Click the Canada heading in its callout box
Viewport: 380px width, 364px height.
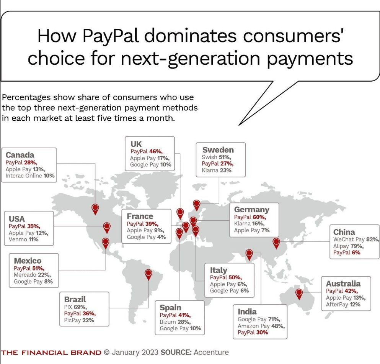click(20, 155)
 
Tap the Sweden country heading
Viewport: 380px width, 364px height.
click(218, 150)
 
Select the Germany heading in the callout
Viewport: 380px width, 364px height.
click(251, 210)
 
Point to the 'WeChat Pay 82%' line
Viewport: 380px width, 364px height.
click(356, 239)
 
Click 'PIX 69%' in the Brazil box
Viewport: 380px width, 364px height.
click(75, 307)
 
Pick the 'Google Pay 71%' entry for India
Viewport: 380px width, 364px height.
click(259, 319)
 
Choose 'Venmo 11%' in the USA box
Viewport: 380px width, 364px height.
click(23, 239)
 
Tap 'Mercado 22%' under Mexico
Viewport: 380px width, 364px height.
click(32, 275)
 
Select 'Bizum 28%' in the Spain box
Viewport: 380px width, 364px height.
click(175, 322)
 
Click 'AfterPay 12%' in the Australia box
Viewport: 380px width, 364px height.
click(343, 304)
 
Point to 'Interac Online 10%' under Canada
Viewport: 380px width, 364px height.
click(30, 176)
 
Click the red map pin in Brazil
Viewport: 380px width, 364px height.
click(148, 275)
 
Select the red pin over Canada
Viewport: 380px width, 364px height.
click(95, 209)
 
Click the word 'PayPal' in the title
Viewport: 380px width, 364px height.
click(111, 36)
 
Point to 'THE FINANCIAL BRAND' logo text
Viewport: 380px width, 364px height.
click(51, 353)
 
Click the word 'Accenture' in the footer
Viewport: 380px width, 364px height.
click(211, 353)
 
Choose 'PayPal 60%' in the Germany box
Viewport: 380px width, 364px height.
click(250, 217)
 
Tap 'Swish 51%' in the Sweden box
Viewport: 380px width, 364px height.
click(217, 157)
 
